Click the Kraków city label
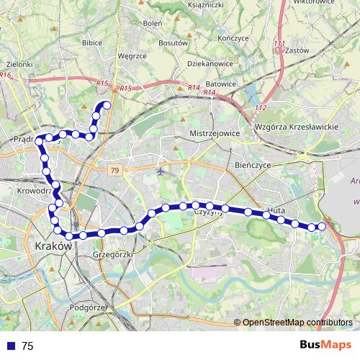(53, 246)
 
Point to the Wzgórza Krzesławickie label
(297, 127)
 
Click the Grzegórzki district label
(112, 255)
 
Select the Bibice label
(92, 42)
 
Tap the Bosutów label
(173, 42)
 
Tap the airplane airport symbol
(160, 171)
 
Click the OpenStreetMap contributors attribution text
(296, 322)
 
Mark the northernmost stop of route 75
(107, 106)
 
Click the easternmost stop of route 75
(322, 227)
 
